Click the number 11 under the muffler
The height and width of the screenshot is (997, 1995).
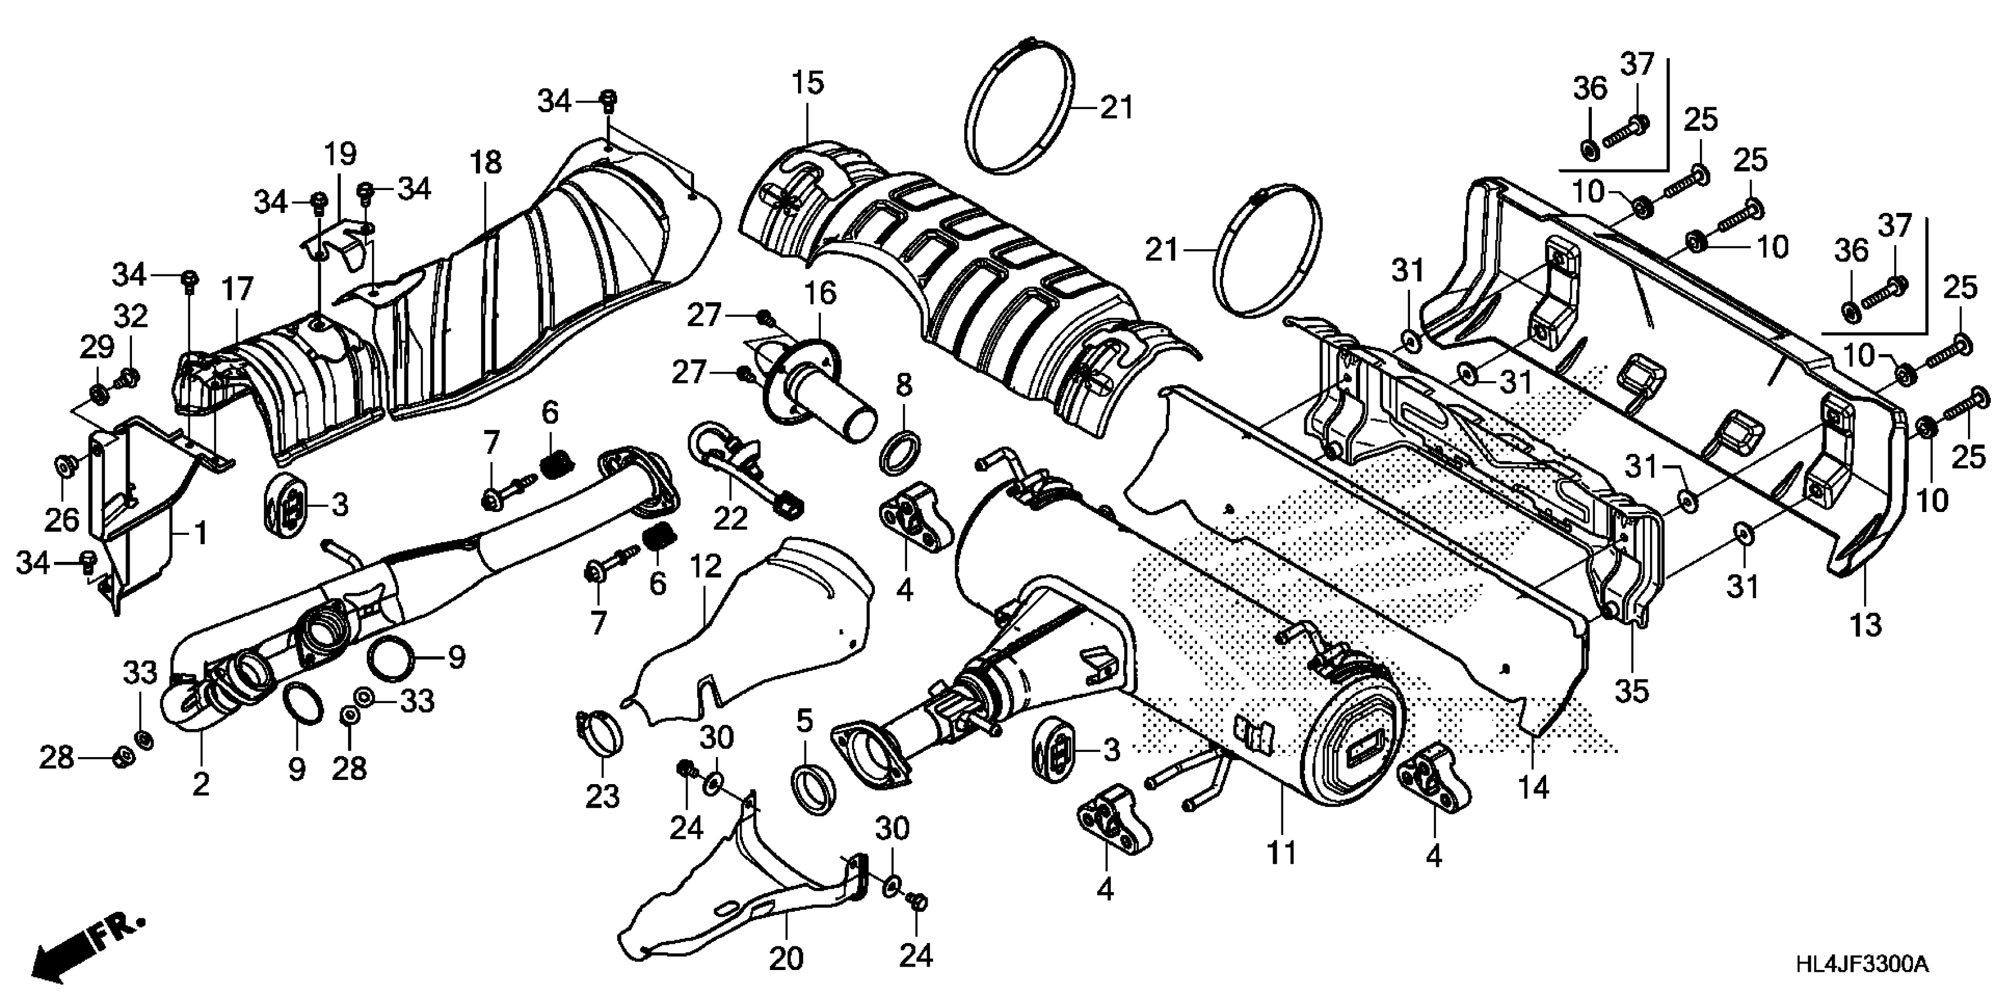(x=1280, y=854)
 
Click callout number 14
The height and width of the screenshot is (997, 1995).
(x=1533, y=787)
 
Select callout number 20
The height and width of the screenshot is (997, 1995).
(x=786, y=959)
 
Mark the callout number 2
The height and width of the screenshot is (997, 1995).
(x=201, y=785)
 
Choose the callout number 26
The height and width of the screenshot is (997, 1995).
(x=61, y=520)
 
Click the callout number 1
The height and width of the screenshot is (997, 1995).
(x=201, y=533)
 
